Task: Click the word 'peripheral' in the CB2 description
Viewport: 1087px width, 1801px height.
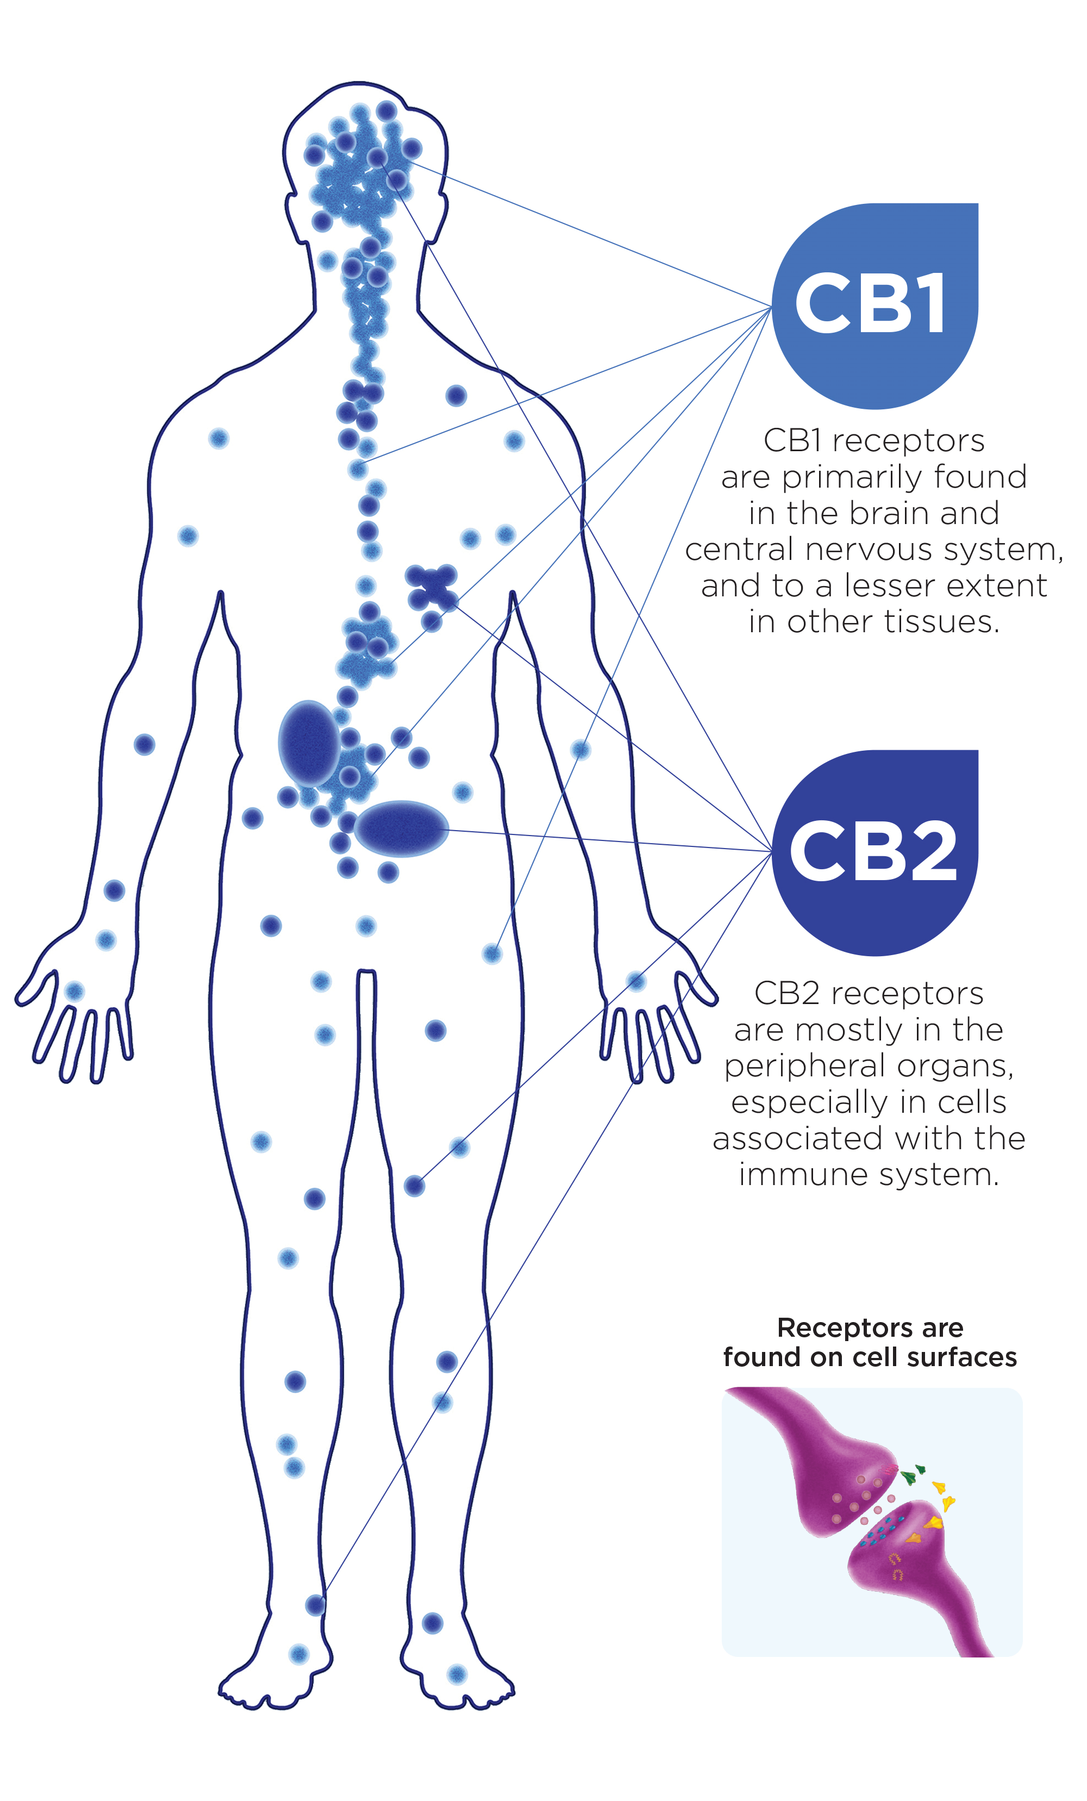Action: (x=792, y=1067)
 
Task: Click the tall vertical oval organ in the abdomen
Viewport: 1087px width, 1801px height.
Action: (x=309, y=743)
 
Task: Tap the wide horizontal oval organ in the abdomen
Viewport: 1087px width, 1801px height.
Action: (x=401, y=828)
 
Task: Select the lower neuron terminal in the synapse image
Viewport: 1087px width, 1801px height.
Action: (x=914, y=1572)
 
